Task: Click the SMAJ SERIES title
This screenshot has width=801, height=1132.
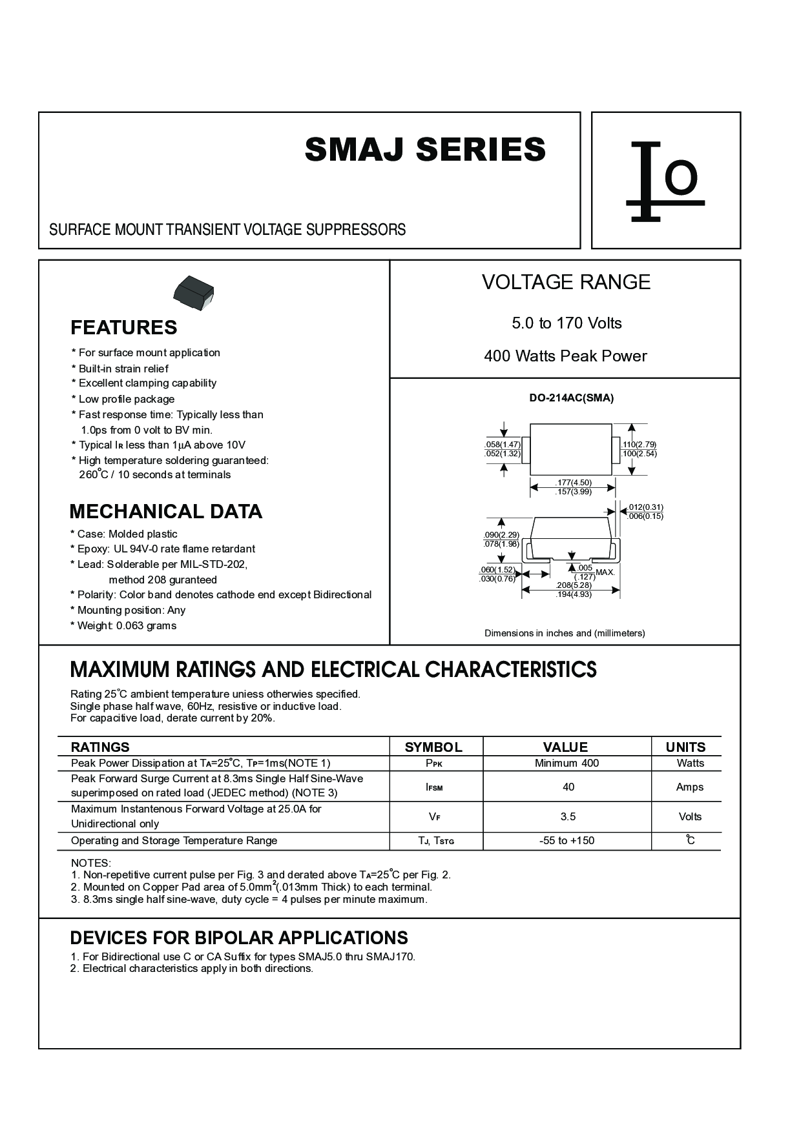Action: (x=425, y=150)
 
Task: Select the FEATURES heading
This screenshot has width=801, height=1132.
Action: (x=123, y=328)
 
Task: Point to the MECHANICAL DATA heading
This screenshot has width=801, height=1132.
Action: (x=165, y=512)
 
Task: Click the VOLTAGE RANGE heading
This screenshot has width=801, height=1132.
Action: (x=566, y=282)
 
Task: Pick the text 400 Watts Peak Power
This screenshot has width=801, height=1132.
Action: (x=565, y=356)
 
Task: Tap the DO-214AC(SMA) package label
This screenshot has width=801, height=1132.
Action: (x=571, y=398)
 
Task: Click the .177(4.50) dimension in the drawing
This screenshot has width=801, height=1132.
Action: (x=573, y=483)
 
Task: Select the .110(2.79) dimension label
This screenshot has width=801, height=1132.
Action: (x=639, y=445)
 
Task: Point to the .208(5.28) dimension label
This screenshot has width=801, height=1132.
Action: (x=574, y=585)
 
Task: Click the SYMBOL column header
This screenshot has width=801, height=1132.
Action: (x=433, y=747)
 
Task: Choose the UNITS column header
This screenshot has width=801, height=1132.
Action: (x=685, y=747)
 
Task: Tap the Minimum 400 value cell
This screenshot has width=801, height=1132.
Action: (x=567, y=763)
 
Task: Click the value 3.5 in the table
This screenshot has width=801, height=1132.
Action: (x=568, y=817)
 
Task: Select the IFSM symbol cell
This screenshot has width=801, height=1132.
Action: (x=434, y=787)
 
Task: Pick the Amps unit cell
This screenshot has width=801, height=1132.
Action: (x=689, y=787)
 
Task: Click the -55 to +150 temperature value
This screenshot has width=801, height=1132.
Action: (x=567, y=841)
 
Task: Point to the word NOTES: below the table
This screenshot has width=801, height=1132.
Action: (x=91, y=864)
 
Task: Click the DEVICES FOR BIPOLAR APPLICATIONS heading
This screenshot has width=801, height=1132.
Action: (x=239, y=938)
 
